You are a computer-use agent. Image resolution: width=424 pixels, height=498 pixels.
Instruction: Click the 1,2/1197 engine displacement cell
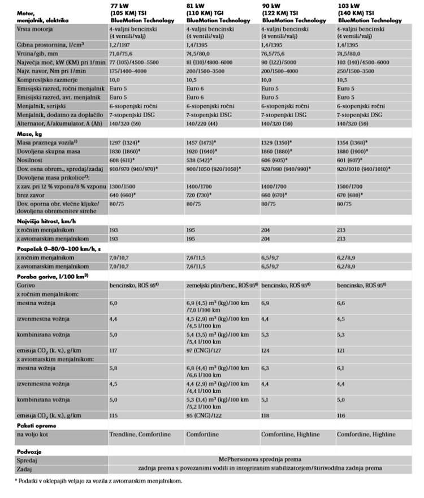[123, 44]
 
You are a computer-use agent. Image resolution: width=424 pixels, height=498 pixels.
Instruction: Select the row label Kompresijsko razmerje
[43, 80]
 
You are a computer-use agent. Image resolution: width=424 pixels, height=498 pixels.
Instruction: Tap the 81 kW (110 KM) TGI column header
[218, 13]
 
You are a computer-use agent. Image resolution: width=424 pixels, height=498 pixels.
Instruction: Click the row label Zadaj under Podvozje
[24, 468]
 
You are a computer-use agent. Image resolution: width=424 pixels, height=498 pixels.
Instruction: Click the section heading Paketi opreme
[37, 424]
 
